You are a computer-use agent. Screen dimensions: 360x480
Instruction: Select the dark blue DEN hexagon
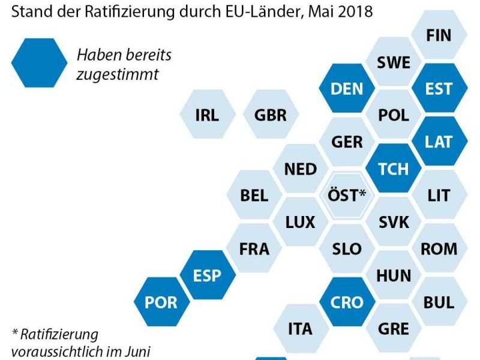click(347, 89)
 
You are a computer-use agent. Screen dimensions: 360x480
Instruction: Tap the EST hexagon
click(438, 89)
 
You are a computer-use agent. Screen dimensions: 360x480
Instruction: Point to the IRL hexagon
click(207, 115)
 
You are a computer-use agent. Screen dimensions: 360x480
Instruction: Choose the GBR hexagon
click(270, 115)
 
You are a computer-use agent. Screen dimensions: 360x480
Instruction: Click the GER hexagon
click(347, 142)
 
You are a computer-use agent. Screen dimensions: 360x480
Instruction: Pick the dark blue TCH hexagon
click(393, 169)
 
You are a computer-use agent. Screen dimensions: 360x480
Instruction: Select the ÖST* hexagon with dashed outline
click(347, 195)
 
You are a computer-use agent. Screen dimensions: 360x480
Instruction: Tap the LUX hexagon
click(301, 223)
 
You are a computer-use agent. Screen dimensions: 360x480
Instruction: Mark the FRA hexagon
click(254, 248)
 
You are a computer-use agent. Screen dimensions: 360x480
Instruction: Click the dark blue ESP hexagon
click(207, 275)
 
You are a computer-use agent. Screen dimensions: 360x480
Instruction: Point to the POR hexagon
click(160, 302)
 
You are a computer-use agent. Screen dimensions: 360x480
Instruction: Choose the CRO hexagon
click(347, 302)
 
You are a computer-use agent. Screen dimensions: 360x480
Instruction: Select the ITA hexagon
click(301, 329)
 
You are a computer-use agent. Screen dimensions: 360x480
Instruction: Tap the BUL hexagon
click(438, 302)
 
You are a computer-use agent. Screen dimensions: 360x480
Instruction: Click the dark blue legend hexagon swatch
click(40, 63)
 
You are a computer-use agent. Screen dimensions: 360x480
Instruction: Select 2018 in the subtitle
click(353, 11)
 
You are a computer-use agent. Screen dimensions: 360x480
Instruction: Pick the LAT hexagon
click(438, 142)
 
